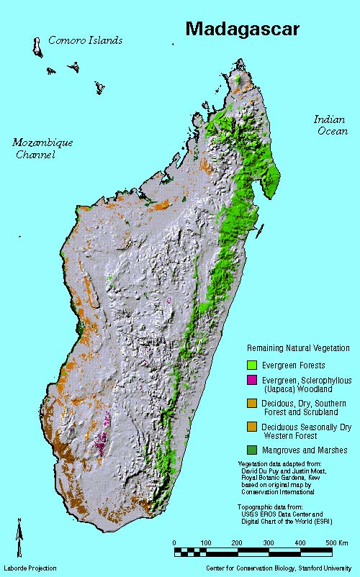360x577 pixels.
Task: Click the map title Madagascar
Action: point(251,28)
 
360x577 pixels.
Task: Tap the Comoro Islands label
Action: point(85,40)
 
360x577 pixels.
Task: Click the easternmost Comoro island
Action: point(99,88)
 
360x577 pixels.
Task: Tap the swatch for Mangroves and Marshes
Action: point(252,450)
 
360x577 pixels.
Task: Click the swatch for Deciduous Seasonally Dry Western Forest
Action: point(252,427)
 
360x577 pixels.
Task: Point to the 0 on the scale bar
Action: point(175,542)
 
